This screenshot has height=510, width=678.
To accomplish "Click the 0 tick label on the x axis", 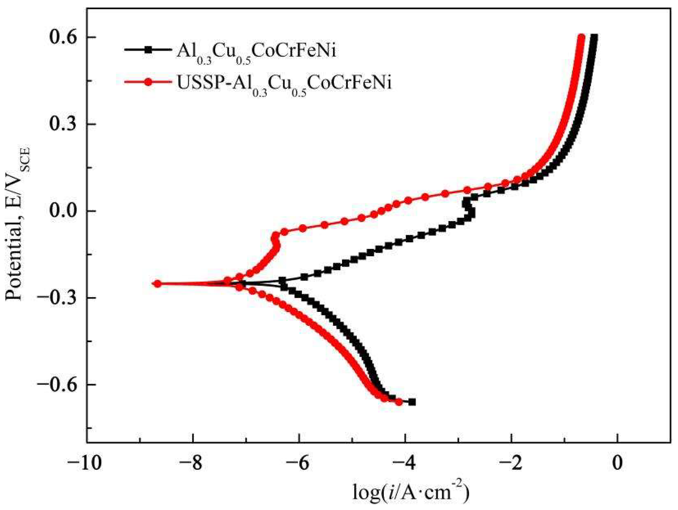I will pyautogui.click(x=617, y=464).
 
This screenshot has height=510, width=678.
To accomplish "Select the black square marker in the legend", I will pyautogui.click(x=149, y=49).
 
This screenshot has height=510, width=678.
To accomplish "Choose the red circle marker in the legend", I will pyautogui.click(x=149, y=82).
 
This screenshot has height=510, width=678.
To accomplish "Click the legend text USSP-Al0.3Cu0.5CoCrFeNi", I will pyautogui.click(x=284, y=83).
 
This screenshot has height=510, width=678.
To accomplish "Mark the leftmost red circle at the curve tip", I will pyautogui.click(x=157, y=284).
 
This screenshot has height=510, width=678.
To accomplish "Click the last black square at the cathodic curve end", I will pyautogui.click(x=412, y=402).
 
